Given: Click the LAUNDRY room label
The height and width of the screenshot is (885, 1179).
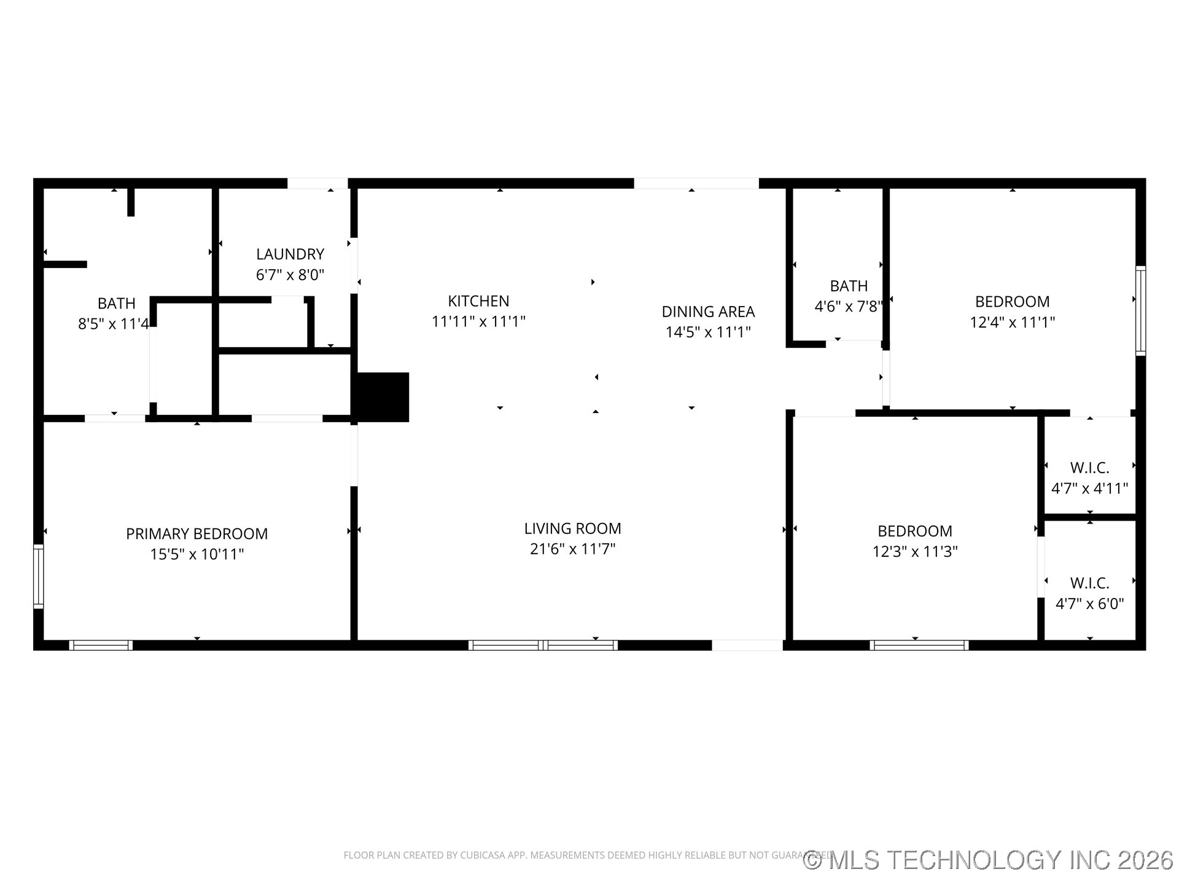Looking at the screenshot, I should (290, 254).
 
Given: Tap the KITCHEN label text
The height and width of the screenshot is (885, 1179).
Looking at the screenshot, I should (478, 301).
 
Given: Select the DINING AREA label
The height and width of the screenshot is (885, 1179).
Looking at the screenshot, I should (708, 312).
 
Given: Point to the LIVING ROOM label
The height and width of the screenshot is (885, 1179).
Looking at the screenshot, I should (572, 529).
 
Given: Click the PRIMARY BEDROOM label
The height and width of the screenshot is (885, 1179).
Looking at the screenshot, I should (196, 534).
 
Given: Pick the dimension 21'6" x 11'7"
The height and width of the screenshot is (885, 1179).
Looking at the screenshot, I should (572, 549).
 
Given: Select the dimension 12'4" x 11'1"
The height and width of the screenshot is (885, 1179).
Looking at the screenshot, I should (1012, 322).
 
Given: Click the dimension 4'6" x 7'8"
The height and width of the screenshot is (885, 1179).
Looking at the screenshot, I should (848, 306).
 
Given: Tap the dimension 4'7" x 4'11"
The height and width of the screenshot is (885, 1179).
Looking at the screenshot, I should (1089, 489).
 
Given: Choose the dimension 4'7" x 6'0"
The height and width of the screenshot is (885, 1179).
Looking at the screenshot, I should (1089, 604).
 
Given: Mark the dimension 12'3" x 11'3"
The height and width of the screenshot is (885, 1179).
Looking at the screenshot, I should (915, 551).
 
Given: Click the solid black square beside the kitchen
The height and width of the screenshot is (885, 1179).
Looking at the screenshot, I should (381, 397).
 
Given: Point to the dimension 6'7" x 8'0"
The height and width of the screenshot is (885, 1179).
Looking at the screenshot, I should (290, 275).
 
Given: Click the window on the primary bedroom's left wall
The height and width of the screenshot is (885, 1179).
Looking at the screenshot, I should (38, 576).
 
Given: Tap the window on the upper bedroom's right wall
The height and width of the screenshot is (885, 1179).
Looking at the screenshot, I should (1140, 310).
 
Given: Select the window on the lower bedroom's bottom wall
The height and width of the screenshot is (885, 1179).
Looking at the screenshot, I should (919, 645).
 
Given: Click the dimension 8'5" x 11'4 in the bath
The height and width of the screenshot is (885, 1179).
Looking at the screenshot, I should (114, 324).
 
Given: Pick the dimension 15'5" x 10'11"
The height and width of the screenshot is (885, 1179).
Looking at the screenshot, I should (196, 554).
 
